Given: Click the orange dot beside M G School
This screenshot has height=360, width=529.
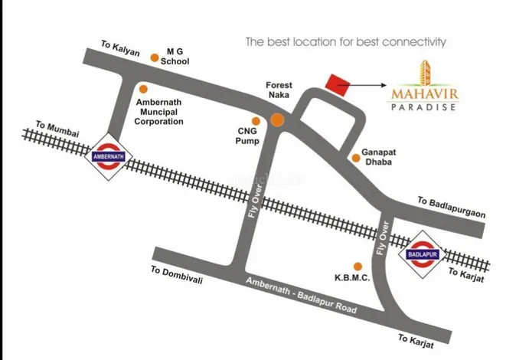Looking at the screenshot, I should coord(155,57).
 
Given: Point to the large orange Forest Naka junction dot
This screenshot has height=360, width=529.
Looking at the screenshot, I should coord(276,119).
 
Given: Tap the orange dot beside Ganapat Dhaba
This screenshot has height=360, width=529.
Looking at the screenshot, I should coord(356,158).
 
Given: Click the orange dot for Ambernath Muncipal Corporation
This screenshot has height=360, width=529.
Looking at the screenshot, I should coord(143,89).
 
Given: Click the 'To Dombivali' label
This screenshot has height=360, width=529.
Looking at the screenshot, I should coord(177,275).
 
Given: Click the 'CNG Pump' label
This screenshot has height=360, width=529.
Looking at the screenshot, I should coord(248,136).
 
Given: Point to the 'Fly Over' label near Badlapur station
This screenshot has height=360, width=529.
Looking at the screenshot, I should coord(385,239).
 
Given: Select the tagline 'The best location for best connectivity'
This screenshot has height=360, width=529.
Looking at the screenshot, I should coord(345,41).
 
